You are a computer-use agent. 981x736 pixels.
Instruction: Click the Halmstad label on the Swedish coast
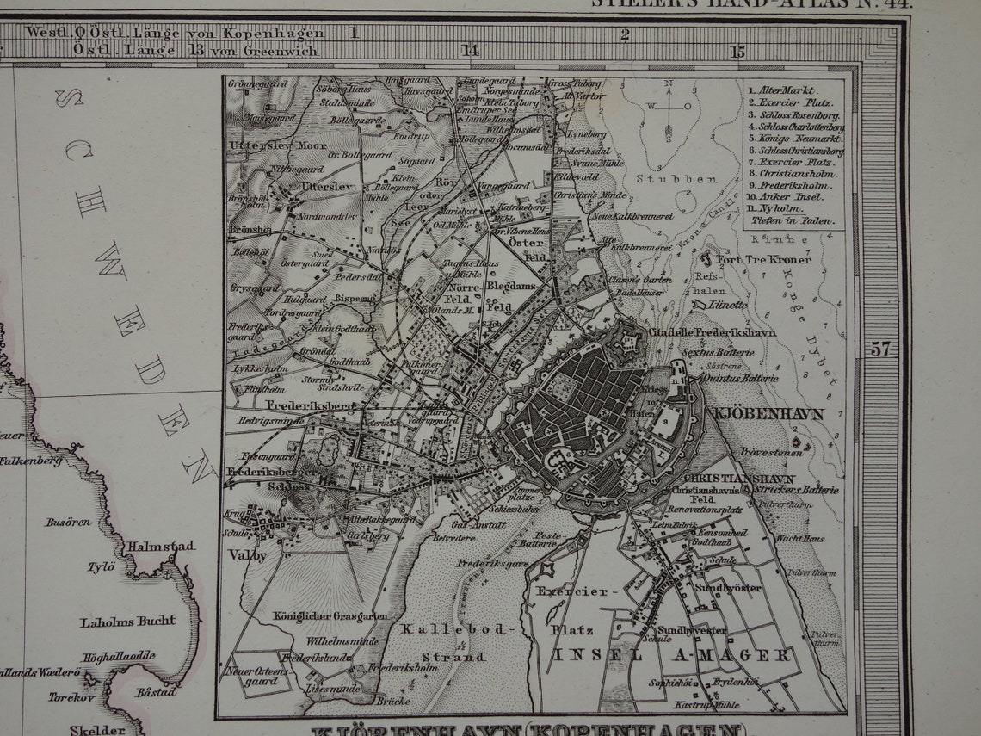point(161,547)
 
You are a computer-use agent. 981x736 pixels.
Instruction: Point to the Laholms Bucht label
point(127,621)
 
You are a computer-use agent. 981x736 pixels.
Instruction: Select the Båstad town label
point(156,691)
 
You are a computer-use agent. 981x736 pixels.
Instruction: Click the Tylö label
point(101,567)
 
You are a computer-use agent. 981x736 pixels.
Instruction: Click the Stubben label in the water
point(664,179)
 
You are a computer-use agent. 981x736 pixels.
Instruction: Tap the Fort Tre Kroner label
point(754,259)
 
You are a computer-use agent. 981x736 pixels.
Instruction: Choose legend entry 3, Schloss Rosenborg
point(794,114)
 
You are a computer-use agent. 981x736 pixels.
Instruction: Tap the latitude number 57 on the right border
point(879,349)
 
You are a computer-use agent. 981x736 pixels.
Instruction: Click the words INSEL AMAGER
point(672,656)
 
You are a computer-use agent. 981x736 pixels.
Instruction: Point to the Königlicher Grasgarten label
point(330,616)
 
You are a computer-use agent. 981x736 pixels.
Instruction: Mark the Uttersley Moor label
point(266,145)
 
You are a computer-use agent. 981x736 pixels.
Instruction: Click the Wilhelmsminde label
point(342,641)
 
